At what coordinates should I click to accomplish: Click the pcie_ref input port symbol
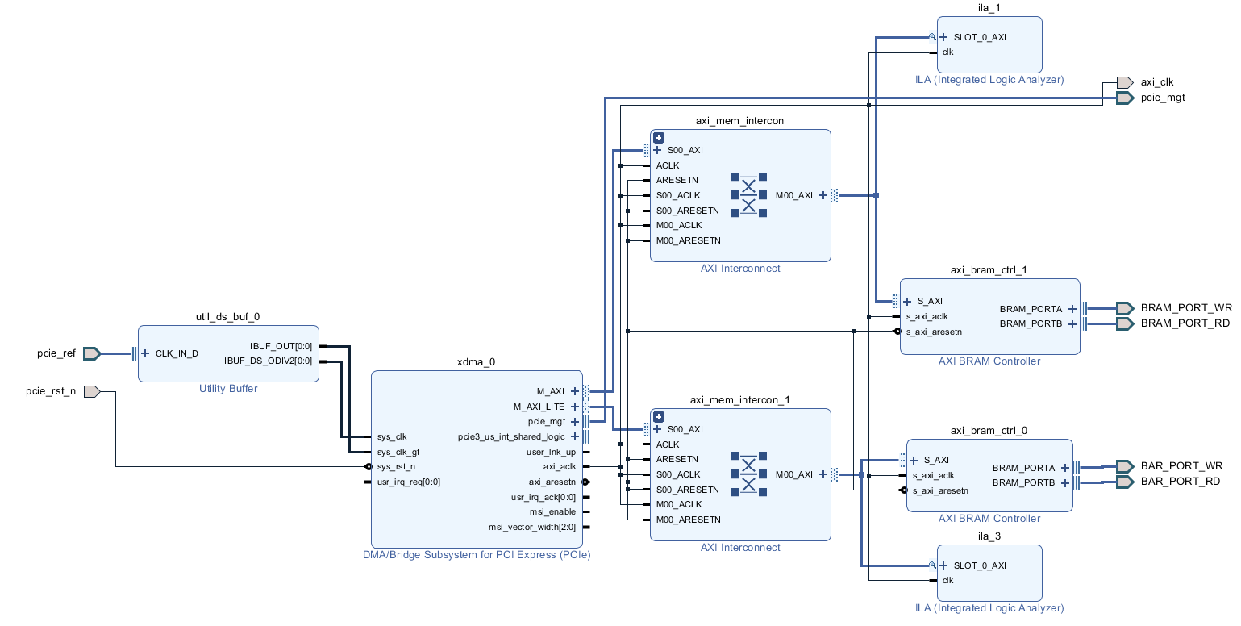(x=91, y=353)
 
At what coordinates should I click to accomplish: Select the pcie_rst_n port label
(x=51, y=392)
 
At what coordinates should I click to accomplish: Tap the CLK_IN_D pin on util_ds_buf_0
(x=177, y=353)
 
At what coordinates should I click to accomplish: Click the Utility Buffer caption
(x=228, y=389)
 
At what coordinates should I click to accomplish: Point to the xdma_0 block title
(x=476, y=362)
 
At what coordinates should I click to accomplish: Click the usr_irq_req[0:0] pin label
(x=408, y=482)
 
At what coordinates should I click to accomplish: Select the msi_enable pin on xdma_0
(x=552, y=511)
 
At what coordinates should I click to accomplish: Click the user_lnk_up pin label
(x=551, y=452)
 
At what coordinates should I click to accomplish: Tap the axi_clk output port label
(x=1156, y=82)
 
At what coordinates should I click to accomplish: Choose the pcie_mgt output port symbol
(x=1124, y=98)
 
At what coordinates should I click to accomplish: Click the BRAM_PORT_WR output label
(x=1186, y=308)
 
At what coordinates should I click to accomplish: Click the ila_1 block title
(x=989, y=8)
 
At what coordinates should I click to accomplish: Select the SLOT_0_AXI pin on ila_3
(x=979, y=565)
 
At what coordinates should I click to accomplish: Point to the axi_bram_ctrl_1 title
(x=989, y=270)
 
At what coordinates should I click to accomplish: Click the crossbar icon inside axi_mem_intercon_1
(x=748, y=474)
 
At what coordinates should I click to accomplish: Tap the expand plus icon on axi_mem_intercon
(x=659, y=138)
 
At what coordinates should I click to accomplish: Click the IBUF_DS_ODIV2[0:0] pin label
(x=268, y=361)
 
